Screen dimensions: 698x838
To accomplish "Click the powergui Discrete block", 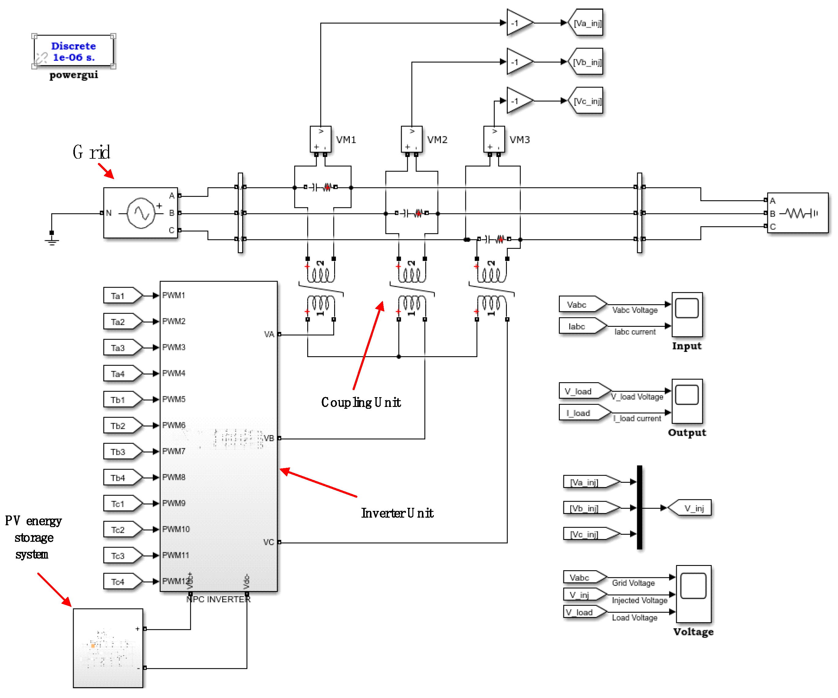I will (x=73, y=51).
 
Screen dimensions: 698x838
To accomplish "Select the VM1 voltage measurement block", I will (x=320, y=139).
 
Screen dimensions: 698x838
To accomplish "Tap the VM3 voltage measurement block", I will (x=494, y=139).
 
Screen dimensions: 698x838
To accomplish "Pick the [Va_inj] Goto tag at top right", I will (x=586, y=23).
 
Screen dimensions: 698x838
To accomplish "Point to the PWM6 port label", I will (x=174, y=425).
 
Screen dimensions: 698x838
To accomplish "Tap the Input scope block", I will (x=687, y=315).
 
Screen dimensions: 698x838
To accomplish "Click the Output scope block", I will (x=687, y=401).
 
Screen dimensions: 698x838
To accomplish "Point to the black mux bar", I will (x=640, y=508).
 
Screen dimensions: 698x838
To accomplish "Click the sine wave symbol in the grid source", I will (x=141, y=213).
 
